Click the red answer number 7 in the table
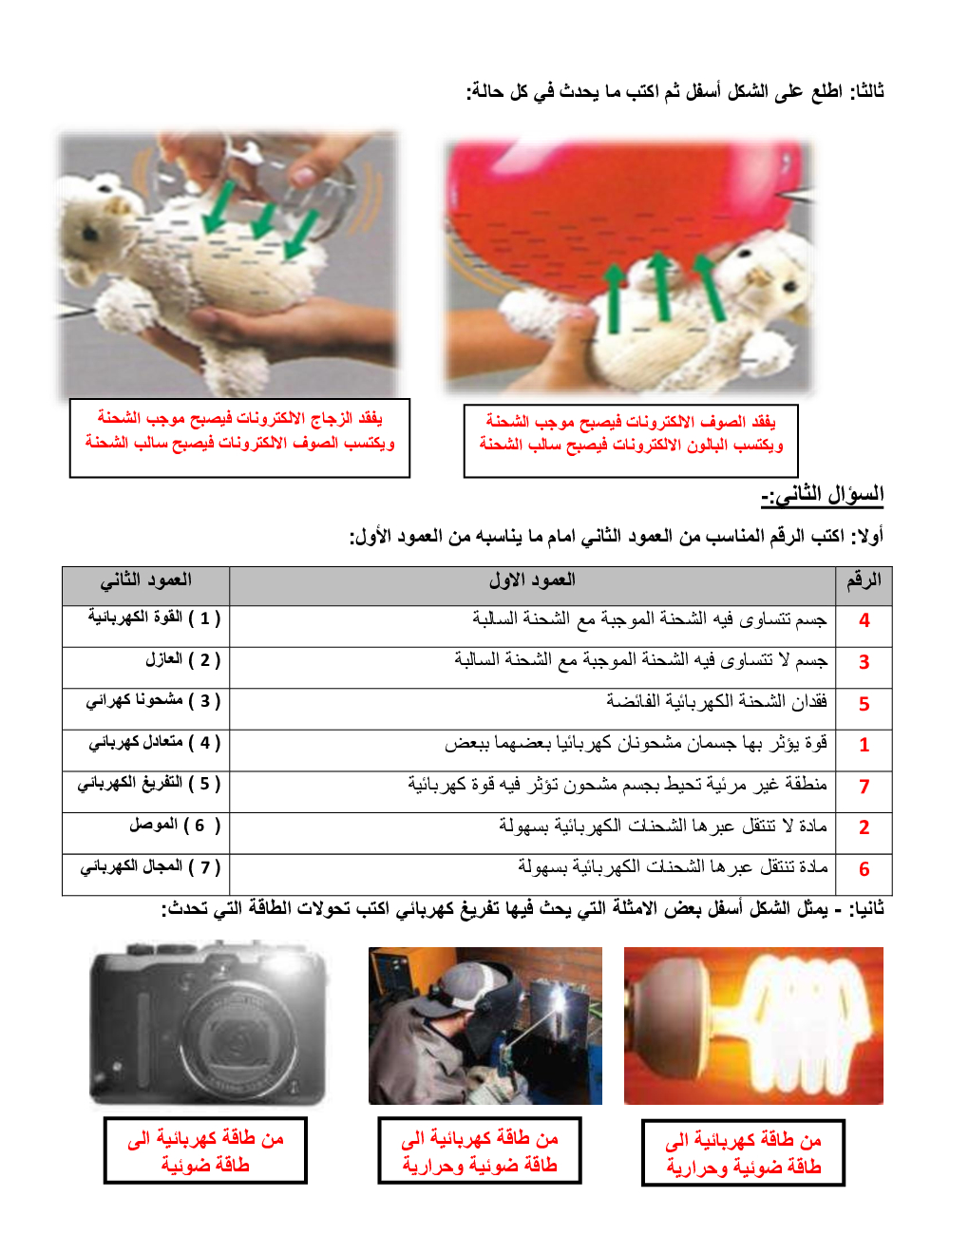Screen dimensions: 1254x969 (864, 787)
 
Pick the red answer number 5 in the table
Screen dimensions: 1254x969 (864, 704)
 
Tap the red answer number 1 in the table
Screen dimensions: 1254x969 (864, 746)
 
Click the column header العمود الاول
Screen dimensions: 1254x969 (532, 580)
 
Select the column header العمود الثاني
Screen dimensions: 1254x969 (145, 580)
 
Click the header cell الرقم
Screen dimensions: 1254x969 (864, 580)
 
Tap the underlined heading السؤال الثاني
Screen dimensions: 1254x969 (823, 495)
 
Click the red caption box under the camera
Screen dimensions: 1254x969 (205, 1150)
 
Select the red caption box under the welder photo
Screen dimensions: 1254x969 (479, 1150)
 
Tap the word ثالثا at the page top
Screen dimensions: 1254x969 (866, 91)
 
